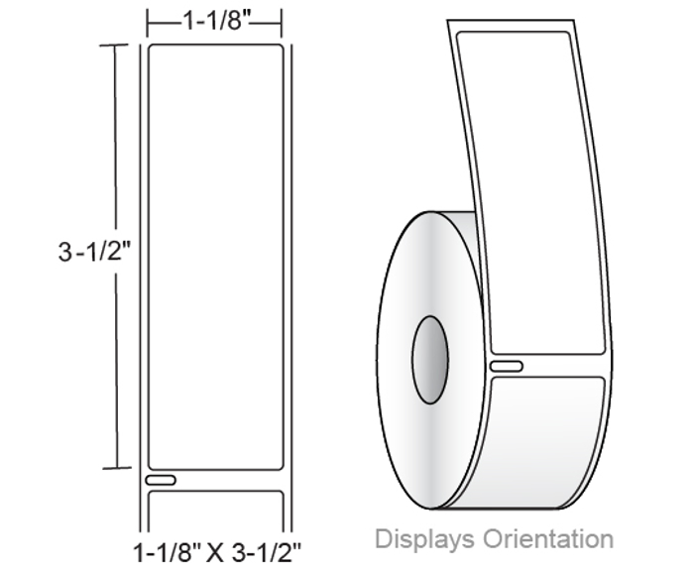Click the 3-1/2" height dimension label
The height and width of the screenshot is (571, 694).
[x=95, y=252]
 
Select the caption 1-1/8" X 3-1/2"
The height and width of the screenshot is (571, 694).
[x=217, y=552]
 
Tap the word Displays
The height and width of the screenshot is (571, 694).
[x=424, y=539]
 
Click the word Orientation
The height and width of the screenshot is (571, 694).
[x=548, y=539]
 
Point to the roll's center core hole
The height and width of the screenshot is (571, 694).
[x=429, y=360]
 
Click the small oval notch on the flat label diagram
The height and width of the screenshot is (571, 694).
[x=161, y=480]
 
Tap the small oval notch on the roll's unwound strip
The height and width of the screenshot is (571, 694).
[x=507, y=366]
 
